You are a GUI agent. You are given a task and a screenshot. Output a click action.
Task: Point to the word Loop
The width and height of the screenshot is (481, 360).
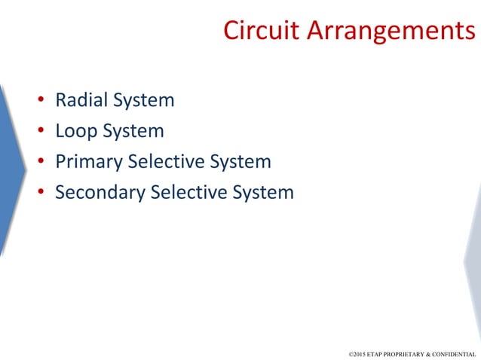76,130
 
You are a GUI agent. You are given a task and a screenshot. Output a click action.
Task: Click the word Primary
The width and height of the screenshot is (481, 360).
88,161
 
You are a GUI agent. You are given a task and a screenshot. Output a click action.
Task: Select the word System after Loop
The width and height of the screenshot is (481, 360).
133,130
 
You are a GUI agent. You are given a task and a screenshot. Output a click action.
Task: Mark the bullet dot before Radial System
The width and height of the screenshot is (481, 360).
41,100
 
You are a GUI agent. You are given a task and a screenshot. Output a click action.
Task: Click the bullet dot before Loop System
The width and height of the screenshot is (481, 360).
41,131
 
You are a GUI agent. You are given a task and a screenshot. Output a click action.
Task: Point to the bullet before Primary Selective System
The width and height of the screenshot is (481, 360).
41,162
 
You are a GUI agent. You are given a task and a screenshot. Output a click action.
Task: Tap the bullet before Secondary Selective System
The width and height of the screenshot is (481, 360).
41,193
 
